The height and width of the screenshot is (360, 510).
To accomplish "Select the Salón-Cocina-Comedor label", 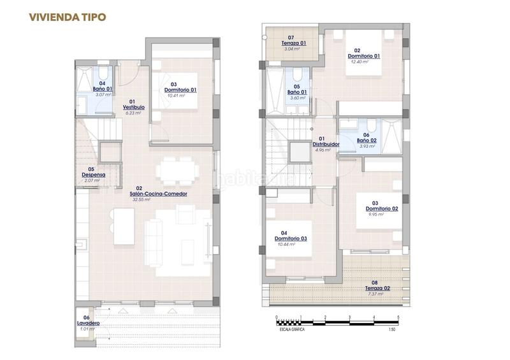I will (158, 194).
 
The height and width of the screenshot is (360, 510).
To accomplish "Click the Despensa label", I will (93, 175).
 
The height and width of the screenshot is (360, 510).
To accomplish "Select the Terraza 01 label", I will (294, 43).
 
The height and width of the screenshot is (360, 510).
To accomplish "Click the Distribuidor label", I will (325, 144).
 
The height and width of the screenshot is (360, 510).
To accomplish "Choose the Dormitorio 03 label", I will (294, 238).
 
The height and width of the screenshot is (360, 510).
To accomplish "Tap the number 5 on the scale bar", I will (398, 317).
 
